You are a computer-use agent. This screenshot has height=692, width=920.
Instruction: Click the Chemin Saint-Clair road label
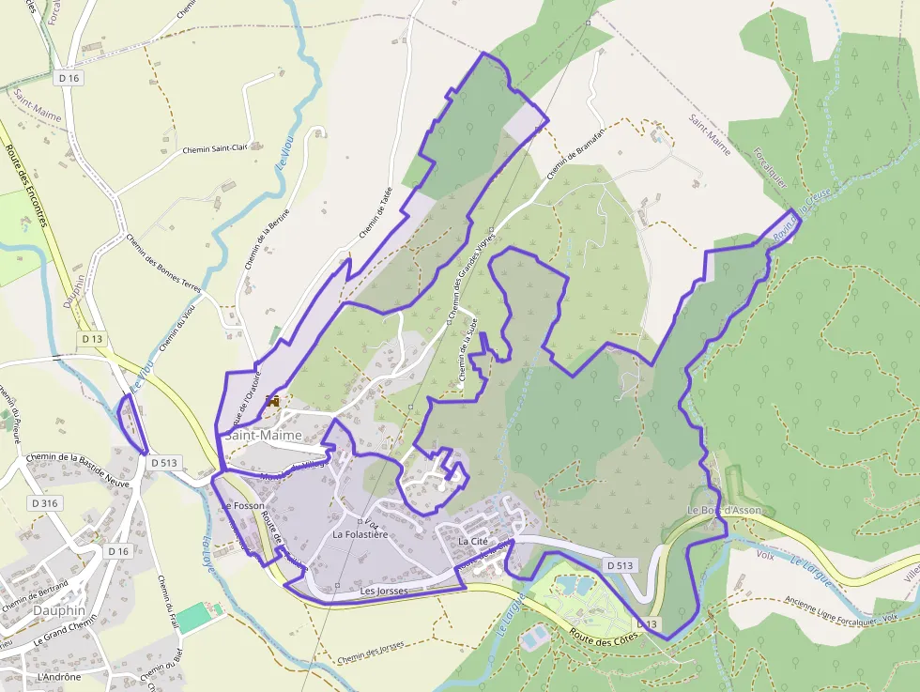pos(214,148)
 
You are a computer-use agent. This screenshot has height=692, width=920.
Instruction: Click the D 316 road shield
pos(44,503)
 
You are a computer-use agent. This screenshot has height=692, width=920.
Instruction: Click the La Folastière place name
pos(360,534)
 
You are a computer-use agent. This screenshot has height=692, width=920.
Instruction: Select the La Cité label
pos(475,542)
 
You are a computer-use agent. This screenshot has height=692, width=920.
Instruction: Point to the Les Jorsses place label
pos(384,592)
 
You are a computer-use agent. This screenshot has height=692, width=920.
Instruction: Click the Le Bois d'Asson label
pos(724,511)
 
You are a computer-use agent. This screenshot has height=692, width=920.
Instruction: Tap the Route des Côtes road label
pos(604,634)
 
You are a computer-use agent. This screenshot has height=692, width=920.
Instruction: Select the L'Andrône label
pos(59,676)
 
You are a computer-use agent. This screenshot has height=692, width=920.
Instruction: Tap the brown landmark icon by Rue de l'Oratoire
pos(274,401)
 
